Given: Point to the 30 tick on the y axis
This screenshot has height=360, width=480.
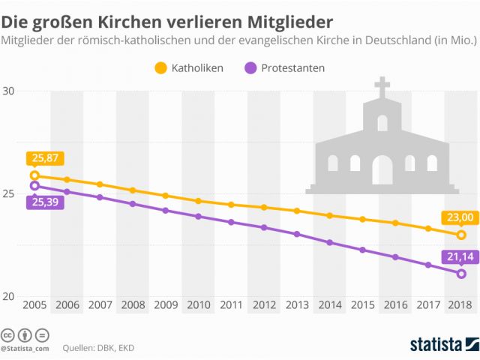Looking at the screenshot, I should [10, 91].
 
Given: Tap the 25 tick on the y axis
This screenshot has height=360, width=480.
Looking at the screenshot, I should [10, 194].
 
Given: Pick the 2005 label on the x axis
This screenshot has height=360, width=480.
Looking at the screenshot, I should [34, 306].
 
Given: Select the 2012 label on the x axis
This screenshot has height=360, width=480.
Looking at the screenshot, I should [264, 306].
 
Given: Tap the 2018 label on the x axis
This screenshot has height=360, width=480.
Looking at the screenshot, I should [460, 306].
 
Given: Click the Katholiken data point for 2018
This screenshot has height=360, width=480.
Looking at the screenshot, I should [461, 235].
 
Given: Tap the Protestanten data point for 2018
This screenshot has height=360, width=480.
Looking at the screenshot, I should [461, 274].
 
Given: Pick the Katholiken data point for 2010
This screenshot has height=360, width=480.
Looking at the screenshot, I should [199, 201].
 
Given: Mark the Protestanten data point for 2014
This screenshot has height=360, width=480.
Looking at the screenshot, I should [330, 242].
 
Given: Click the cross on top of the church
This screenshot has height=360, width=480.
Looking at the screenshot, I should [382, 86].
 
